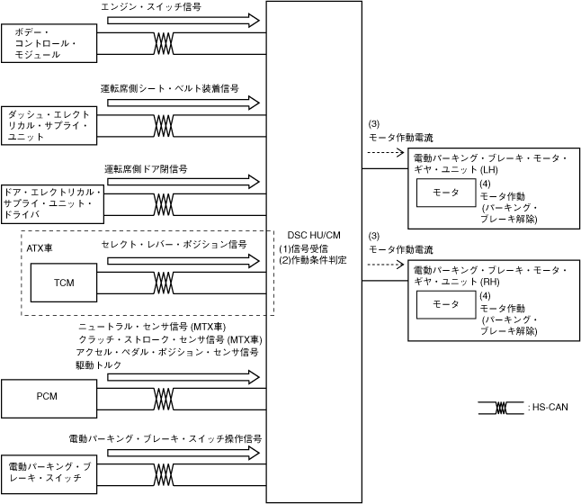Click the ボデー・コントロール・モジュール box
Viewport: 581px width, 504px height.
pos(48,43)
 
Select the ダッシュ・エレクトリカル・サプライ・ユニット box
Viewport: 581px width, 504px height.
pos(48,126)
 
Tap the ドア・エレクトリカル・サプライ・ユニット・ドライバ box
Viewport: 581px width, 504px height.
pos(52,203)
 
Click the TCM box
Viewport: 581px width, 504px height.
pos(63,283)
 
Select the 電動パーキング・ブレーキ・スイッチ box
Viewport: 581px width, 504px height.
pos(48,473)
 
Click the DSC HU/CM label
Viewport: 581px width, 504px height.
pos(314,235)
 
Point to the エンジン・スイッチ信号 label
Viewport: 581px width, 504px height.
pos(152,7)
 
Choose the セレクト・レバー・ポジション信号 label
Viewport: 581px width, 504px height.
pos(174,244)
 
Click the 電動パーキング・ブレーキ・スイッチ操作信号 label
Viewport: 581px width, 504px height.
pos(165,438)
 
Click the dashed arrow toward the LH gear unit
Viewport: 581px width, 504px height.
pos(384,153)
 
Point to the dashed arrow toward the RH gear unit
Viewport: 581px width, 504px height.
pos(384,265)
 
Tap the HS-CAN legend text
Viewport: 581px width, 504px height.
pos(549,408)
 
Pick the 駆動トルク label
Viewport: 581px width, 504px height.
pos(98,365)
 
